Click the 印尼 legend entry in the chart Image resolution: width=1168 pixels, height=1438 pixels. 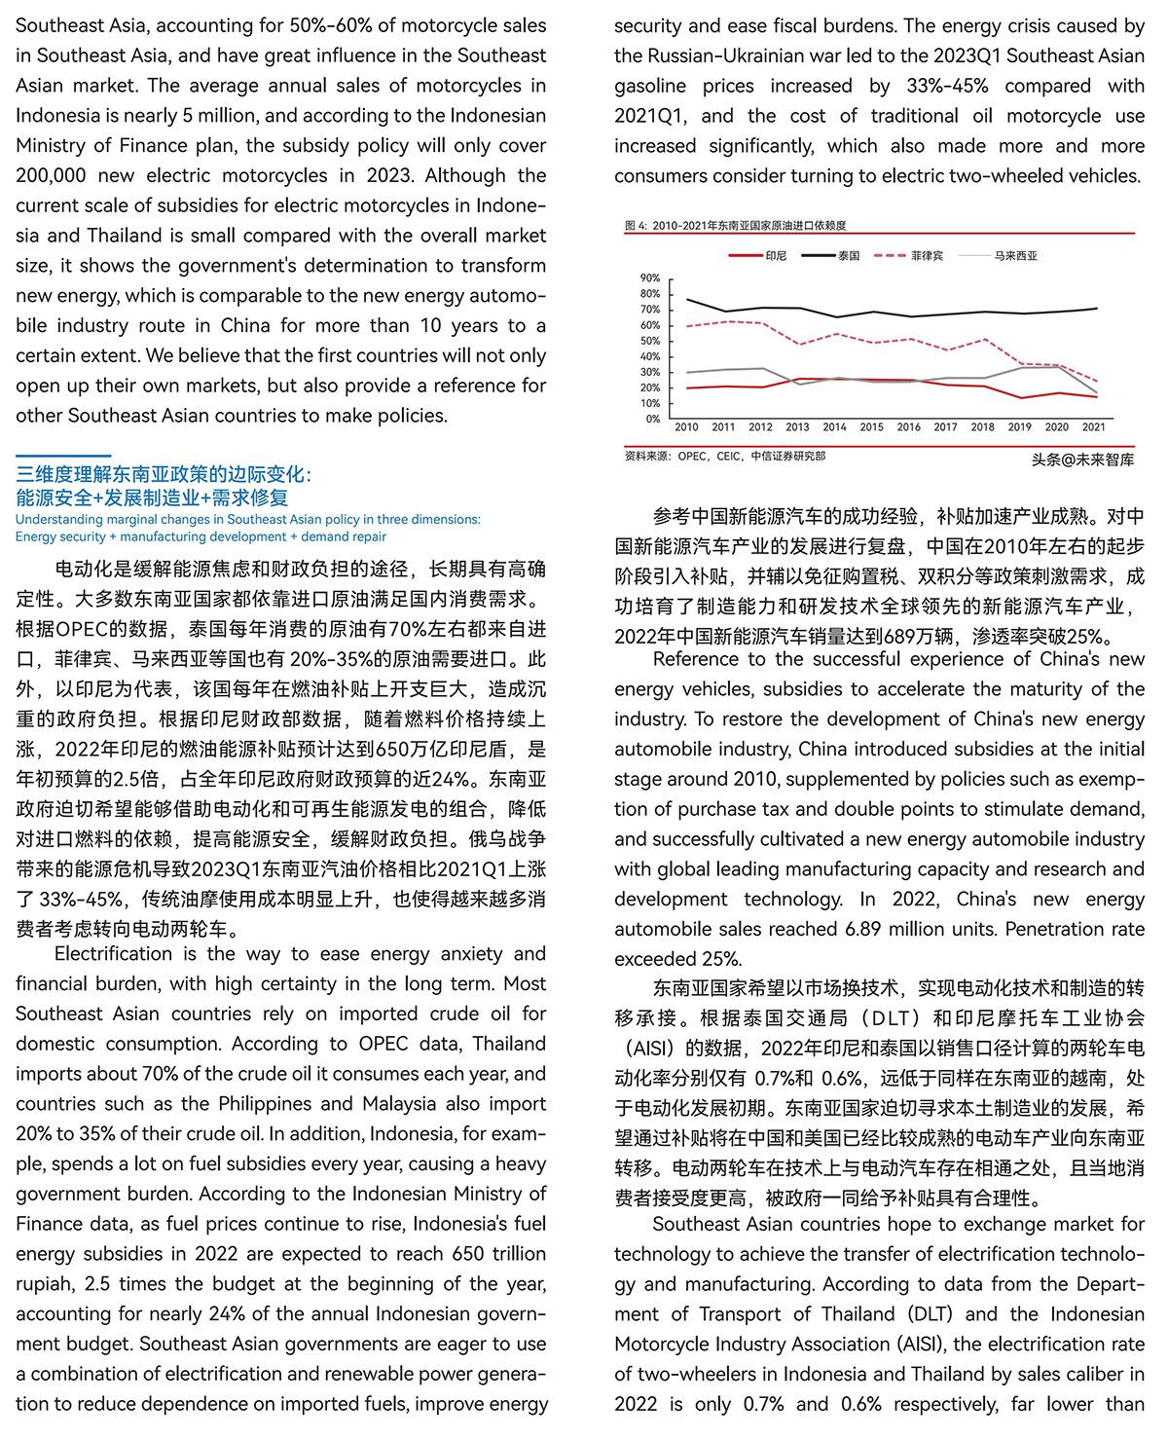point(776,256)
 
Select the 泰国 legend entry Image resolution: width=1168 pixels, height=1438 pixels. point(849,256)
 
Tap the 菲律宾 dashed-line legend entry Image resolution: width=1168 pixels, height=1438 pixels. point(926,256)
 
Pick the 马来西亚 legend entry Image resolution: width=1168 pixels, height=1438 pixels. point(1015,256)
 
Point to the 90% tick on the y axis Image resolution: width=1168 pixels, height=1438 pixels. point(650,278)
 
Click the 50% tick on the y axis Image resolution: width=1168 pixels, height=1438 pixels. point(650,341)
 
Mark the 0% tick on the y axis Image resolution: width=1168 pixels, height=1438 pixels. point(653,419)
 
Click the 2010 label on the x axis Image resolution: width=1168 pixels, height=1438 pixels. point(686,427)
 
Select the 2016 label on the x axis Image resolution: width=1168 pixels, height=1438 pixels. point(908,427)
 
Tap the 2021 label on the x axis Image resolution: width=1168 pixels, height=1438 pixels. point(1093,427)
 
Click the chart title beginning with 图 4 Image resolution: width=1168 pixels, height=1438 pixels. point(735,226)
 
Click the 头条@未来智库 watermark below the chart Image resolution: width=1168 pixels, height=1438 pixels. point(1082,460)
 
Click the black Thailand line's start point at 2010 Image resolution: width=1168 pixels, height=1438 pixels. point(687,299)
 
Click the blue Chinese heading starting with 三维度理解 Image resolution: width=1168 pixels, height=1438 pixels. point(164,475)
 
